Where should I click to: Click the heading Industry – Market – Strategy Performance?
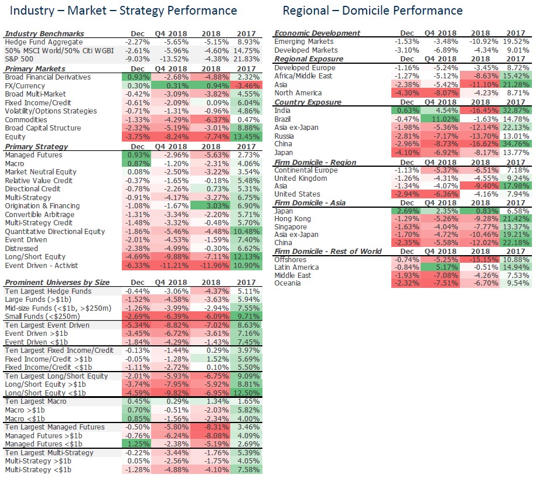[124, 11]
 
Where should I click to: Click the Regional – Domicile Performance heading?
[372, 11]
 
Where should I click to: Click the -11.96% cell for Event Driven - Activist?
[211, 265]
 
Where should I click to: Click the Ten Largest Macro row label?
[36, 401]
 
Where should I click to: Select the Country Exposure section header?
[308, 102]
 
